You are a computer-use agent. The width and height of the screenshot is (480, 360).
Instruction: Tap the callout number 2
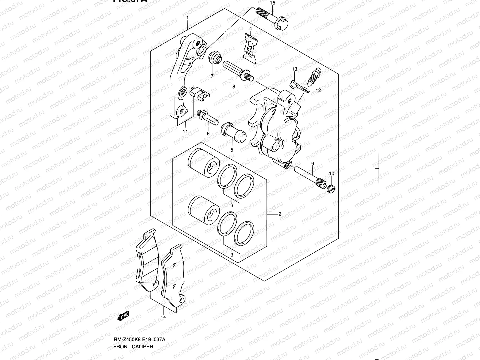[279, 214]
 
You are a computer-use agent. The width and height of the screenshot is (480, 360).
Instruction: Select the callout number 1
[187, 18]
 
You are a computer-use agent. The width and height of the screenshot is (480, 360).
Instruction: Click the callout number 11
[185, 131]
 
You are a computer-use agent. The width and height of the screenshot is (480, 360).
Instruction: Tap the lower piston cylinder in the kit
[204, 210]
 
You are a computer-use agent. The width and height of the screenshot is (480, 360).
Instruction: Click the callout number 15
[272, 3]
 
